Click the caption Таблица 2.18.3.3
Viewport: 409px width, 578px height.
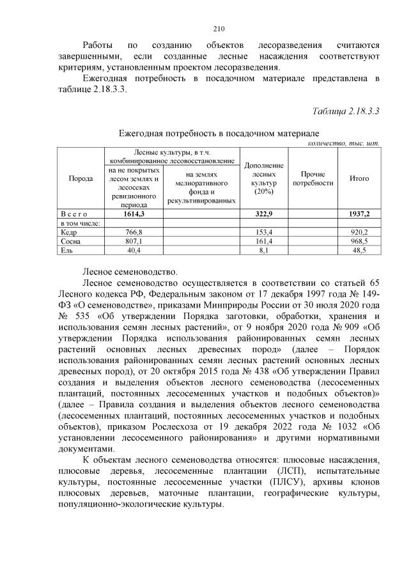pyautogui.click(x=346, y=111)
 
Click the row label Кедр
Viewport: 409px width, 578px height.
pyautogui.click(x=68, y=231)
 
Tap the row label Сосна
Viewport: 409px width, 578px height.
pyautogui.click(x=70, y=241)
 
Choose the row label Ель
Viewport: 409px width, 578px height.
pyautogui.click(x=66, y=251)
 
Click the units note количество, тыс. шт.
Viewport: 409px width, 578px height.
pyautogui.click(x=344, y=143)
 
